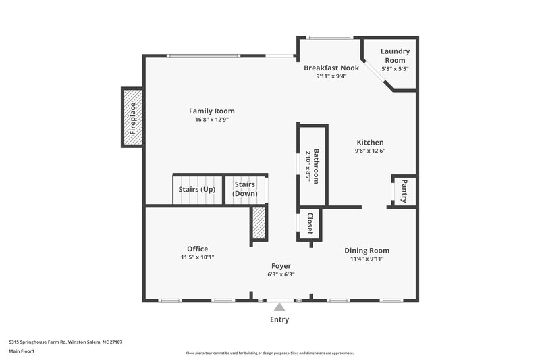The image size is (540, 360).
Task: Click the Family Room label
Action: pos(211,111)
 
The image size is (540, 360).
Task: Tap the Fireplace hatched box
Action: pos(132,117)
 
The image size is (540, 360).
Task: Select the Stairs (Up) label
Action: pos(196,189)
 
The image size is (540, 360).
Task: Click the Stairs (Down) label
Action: pos(245,188)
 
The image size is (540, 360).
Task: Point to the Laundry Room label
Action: pos(394,56)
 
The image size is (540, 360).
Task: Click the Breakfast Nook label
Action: pos(331,68)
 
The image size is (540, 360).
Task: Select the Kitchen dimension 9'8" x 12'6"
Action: pos(370,151)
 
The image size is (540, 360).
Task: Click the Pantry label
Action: pos(404,191)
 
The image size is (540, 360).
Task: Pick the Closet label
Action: pos(310,224)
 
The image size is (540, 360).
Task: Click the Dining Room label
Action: pos(367,250)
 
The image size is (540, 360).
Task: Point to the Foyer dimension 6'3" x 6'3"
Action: pos(281,274)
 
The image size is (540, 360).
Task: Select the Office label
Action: pos(197,249)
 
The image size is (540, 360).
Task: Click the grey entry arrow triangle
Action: pos(279,307)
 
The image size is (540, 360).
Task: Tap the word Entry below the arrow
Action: pos(279,320)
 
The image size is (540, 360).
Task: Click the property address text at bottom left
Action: pos(65,342)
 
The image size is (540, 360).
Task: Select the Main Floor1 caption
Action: pos(22,351)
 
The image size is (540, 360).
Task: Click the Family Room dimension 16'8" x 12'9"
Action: pos(211,120)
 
